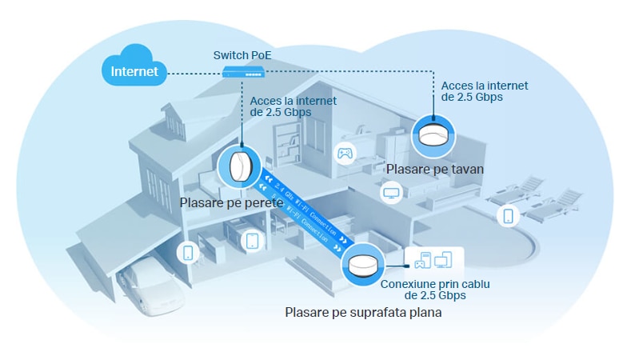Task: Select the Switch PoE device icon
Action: pyautogui.click(x=243, y=72)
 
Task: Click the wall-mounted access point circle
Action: pyautogui.click(x=240, y=169)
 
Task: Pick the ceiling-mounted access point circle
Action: pyautogui.click(x=434, y=136)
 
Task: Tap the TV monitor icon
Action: pyautogui.click(x=392, y=193)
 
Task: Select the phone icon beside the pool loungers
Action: pyautogui.click(x=508, y=215)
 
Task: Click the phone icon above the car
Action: pyautogui.click(x=188, y=253)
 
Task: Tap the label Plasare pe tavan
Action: pyautogui.click(x=435, y=170)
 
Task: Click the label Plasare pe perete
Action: pyautogui.click(x=231, y=204)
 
